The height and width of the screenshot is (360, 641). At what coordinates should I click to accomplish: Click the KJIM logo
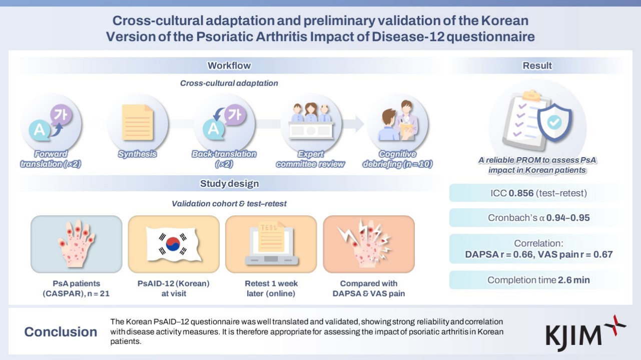(x=585, y=330)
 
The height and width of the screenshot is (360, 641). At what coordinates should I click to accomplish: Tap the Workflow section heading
(x=229, y=66)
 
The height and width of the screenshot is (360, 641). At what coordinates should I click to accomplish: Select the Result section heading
(x=537, y=66)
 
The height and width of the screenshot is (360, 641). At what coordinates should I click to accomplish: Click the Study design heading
(x=229, y=183)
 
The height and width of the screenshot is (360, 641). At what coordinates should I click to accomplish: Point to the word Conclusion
(x=61, y=332)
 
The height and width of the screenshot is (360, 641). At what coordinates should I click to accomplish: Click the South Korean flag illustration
(x=173, y=242)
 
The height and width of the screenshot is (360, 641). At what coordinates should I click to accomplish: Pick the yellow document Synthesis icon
(x=137, y=122)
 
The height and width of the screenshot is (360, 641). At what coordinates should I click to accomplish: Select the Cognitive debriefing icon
(x=397, y=122)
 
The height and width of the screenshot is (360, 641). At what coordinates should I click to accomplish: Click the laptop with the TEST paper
(x=271, y=242)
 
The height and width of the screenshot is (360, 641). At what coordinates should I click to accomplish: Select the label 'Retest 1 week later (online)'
(x=271, y=288)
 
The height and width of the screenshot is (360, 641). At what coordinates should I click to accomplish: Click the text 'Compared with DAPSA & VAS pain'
(x=368, y=288)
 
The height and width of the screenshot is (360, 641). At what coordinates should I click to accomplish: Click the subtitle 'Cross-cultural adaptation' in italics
(x=229, y=83)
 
